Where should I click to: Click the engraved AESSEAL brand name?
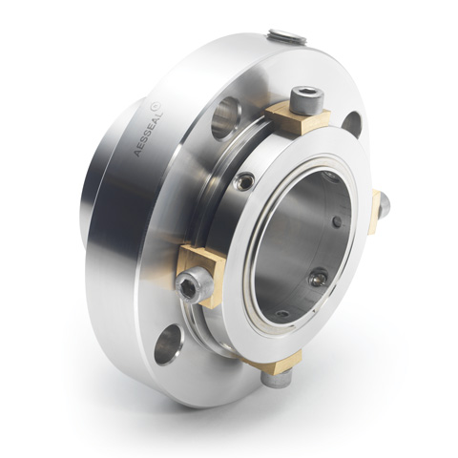click(x=149, y=132)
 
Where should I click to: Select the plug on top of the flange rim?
click(x=287, y=35)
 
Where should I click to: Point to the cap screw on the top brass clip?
click(x=307, y=100)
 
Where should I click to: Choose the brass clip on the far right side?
click(x=375, y=212)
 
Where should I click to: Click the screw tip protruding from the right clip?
click(x=385, y=208)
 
